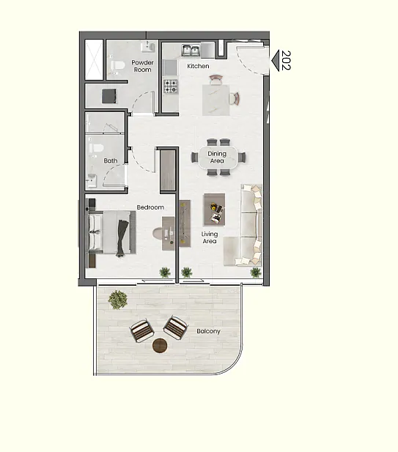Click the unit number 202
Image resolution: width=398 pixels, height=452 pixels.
coord(286,60)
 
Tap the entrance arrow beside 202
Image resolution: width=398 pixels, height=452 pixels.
coord(276,61)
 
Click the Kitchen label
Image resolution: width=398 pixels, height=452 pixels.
coord(198,66)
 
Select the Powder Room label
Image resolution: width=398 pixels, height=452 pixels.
coord(142,66)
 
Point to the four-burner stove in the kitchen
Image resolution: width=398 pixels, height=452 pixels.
coord(171,86)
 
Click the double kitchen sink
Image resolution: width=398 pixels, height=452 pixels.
coord(191,51)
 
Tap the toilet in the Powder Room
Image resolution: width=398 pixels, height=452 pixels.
coord(117,66)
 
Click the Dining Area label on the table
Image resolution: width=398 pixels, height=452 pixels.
coord(217,157)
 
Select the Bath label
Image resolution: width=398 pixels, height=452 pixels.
coord(111,160)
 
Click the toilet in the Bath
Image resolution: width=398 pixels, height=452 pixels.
coord(96,149)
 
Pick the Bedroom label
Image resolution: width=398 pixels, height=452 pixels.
coord(150,207)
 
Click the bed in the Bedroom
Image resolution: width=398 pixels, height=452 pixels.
coord(111,232)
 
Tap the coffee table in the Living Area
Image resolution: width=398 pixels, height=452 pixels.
coord(214,210)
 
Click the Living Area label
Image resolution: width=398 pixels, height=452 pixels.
coord(210,237)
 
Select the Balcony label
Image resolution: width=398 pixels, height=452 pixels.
coord(208,331)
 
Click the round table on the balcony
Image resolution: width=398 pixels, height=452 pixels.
coord(160,345)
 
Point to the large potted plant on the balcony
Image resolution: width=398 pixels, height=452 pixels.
coord(118,300)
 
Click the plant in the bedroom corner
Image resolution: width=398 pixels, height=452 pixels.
coord(165,273)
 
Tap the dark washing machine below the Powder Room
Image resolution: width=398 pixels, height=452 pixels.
coord(110,96)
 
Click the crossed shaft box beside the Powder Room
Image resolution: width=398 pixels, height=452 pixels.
coord(94,59)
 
